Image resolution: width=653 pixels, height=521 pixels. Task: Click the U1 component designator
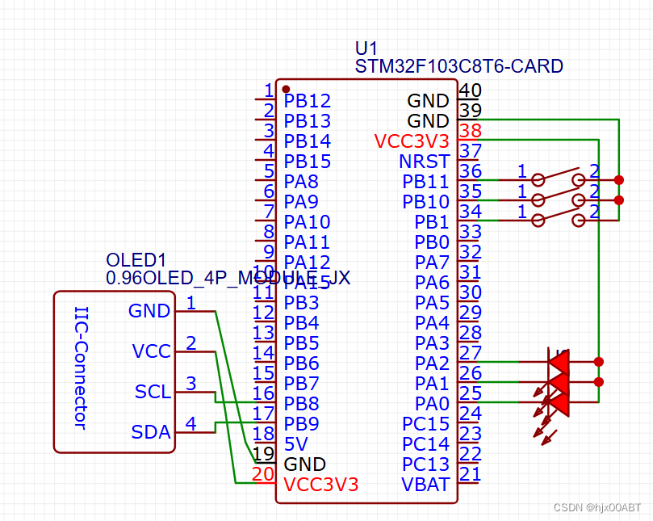tap(366, 48)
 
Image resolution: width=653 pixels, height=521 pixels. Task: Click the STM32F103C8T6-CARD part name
tap(458, 66)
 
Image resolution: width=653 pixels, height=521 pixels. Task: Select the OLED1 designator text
tap(136, 260)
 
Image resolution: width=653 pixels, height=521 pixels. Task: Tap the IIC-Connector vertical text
tap(81, 368)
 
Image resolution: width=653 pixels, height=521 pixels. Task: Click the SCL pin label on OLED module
tap(153, 392)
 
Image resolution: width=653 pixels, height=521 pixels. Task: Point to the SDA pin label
tap(151, 432)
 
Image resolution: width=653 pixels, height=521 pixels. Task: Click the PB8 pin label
tap(301, 403)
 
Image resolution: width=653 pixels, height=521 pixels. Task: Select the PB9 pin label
tap(301, 423)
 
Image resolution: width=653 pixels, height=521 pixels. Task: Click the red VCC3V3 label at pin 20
tap(320, 485)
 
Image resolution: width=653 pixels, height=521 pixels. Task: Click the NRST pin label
tap(424, 162)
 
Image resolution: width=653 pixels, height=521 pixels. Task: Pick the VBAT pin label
tap(425, 485)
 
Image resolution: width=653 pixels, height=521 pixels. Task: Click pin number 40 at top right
tap(471, 90)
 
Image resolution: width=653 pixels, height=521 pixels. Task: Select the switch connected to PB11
tap(558, 178)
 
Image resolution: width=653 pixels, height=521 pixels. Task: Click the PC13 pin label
tap(425, 464)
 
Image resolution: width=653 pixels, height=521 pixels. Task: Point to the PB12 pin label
tap(307, 101)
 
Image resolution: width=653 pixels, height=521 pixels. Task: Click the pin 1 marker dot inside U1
tap(286, 89)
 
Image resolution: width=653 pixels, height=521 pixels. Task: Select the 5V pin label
tap(295, 443)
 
